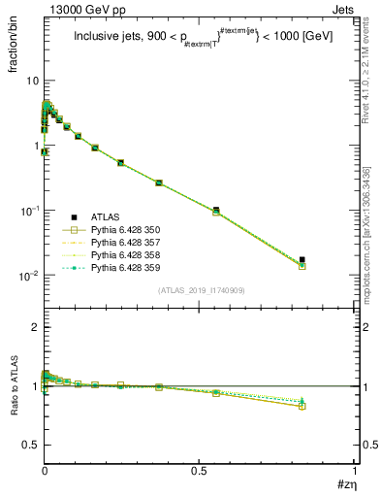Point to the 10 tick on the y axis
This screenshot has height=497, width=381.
[31, 81]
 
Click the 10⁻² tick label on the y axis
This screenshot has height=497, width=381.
[28, 276]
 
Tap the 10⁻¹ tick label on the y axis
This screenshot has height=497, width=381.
[28, 211]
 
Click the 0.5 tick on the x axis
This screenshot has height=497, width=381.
[199, 469]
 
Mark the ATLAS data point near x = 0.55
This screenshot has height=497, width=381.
[215, 210]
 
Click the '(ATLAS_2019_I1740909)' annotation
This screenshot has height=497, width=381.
[201, 290]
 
